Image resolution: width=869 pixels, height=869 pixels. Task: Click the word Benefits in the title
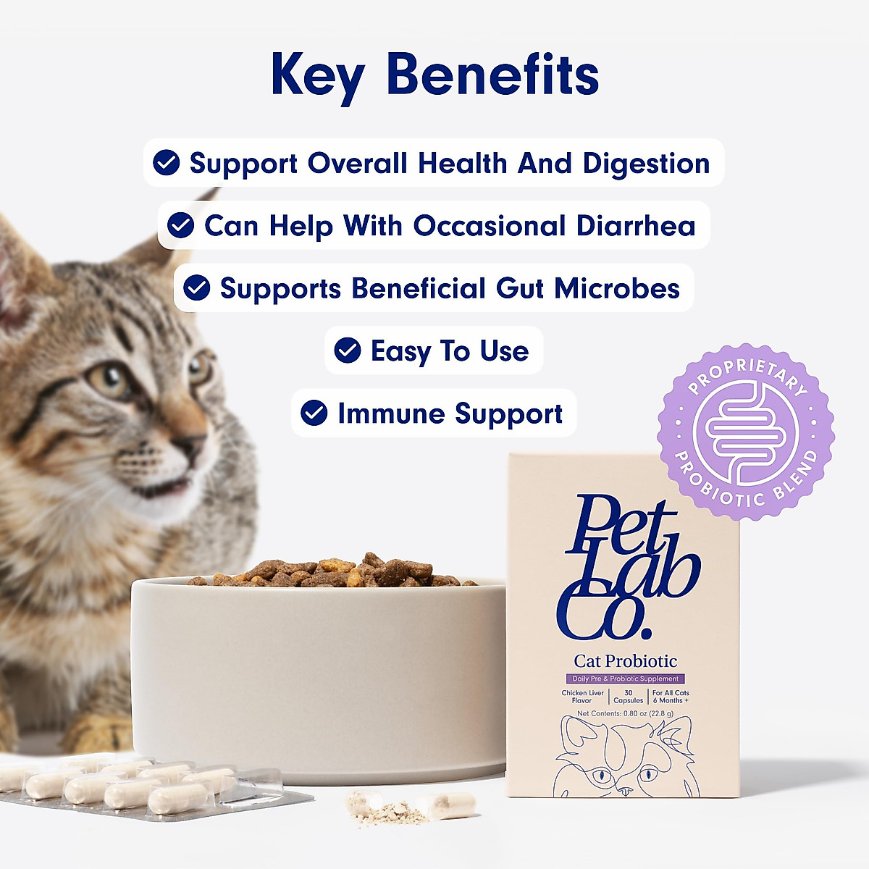[492, 75]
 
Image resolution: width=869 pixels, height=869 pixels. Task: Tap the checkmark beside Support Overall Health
[167, 163]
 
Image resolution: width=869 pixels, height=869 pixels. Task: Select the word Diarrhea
[636, 226]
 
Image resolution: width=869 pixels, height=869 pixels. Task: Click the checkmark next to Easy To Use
[348, 350]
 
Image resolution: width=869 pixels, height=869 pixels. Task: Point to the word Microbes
[617, 288]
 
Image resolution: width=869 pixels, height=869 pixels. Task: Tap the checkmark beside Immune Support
[314, 413]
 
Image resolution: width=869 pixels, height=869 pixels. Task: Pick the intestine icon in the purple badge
[745, 432]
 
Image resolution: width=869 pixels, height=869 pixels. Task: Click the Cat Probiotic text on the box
[625, 660]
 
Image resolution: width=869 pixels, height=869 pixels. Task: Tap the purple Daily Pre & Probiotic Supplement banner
[625, 679]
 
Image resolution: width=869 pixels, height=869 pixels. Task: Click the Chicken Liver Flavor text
[582, 697]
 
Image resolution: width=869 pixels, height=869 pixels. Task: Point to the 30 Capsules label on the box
[628, 697]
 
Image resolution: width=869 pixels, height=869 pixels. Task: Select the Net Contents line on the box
[625, 713]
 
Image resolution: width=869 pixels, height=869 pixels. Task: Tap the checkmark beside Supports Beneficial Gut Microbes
[196, 288]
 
